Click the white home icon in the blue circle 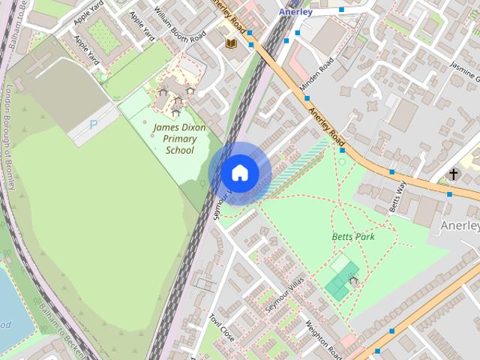click(x=239, y=173)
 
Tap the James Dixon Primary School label click(x=179, y=139)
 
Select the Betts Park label click(x=352, y=237)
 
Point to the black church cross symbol click(x=453, y=174)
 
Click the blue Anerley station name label click(x=295, y=12)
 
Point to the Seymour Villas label click(x=283, y=298)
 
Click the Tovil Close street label click(x=223, y=328)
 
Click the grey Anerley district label click(x=459, y=225)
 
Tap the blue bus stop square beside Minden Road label click(x=306, y=98)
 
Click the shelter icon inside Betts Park click(x=353, y=281)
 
